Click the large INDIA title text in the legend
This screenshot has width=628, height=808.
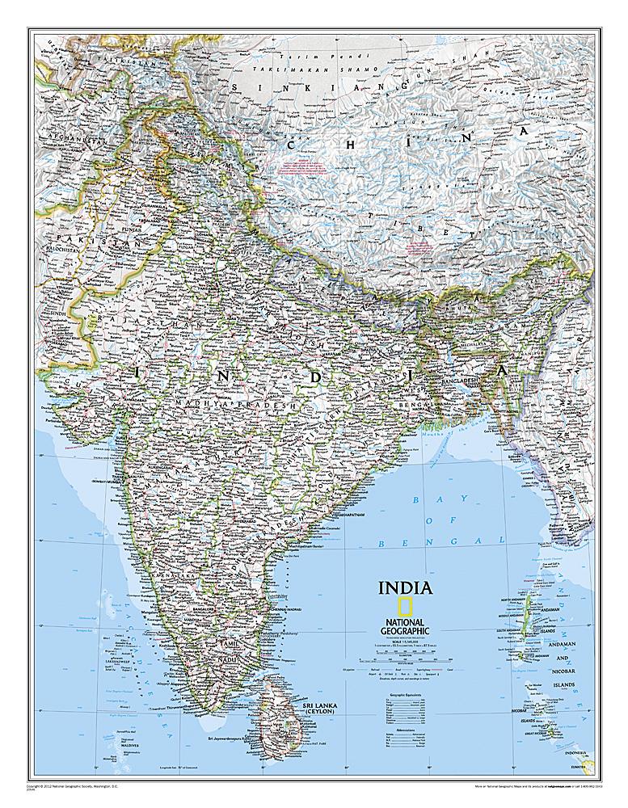pyautogui.click(x=406, y=587)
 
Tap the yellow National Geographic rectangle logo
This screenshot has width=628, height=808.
pyautogui.click(x=398, y=608)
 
